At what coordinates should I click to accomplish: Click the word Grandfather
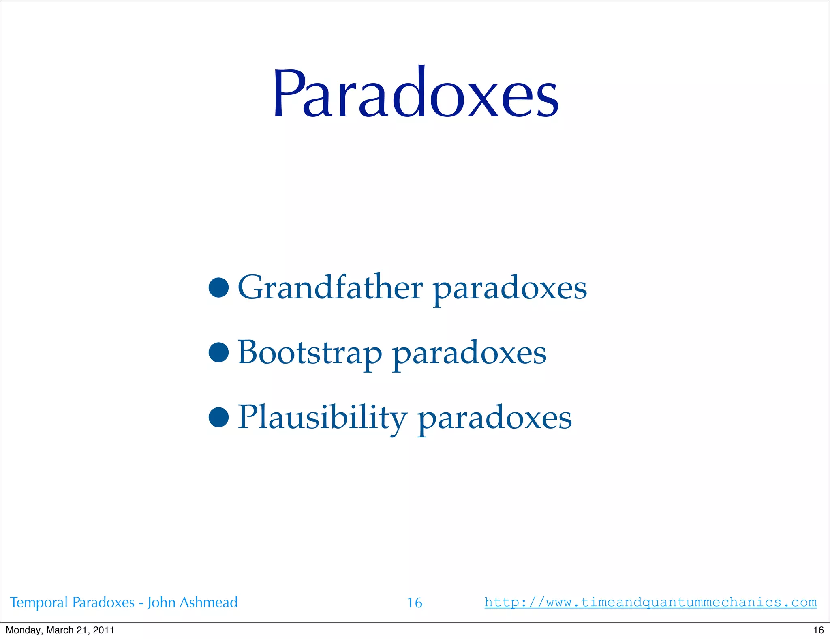[x=330, y=287]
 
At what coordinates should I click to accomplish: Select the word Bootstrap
[x=310, y=353]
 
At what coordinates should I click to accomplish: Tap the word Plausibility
[x=323, y=418]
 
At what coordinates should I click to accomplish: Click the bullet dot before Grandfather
[x=219, y=287]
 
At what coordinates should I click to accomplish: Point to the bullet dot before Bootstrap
[x=219, y=352]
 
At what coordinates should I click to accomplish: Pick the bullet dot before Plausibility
[x=219, y=417]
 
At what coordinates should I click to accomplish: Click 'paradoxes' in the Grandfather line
[x=510, y=289]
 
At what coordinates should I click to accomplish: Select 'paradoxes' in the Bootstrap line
[x=469, y=354]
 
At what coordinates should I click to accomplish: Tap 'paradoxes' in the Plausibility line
[x=494, y=419]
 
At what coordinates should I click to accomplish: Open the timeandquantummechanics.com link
[x=650, y=603]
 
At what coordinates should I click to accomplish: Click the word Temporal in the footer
[x=39, y=603]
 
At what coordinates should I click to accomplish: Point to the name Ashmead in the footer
[x=208, y=602]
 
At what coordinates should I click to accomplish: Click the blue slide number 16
[x=415, y=603]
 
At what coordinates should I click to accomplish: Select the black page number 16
[x=818, y=630]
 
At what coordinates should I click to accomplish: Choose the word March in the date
[x=60, y=630]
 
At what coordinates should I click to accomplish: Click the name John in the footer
[x=161, y=602]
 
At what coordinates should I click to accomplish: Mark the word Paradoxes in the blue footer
[x=103, y=603]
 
